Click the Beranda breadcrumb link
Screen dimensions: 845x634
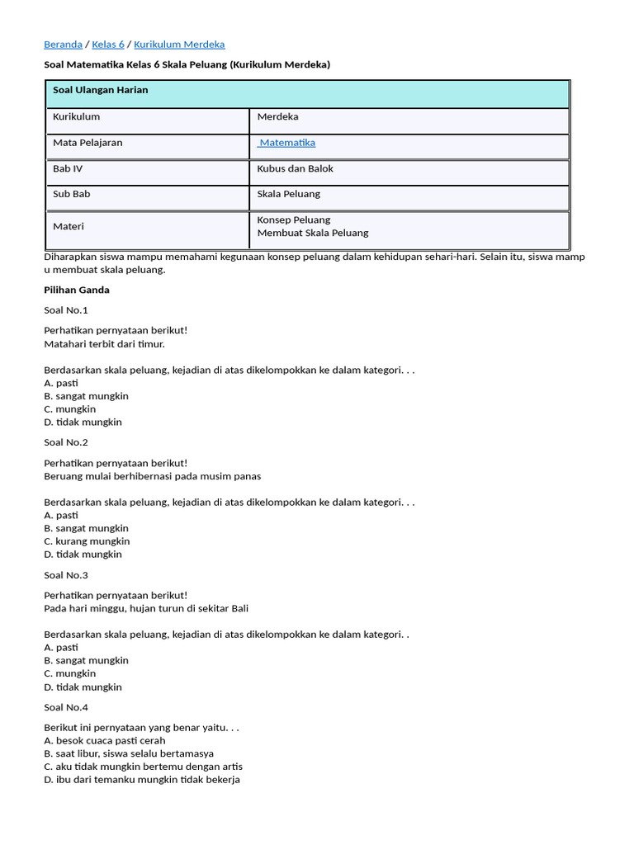tap(63, 45)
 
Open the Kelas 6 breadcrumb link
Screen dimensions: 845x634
tap(108, 45)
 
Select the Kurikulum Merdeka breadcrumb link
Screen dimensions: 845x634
tap(179, 45)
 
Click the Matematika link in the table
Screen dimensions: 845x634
tap(286, 143)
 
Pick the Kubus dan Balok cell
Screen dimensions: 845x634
tap(295, 168)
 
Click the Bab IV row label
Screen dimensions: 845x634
tap(68, 168)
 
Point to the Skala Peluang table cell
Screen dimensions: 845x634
tap(288, 194)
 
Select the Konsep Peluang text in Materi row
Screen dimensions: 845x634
tap(293, 220)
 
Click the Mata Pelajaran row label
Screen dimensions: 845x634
tap(88, 143)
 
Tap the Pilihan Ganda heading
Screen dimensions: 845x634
tap(76, 290)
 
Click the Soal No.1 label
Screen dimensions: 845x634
tap(66, 310)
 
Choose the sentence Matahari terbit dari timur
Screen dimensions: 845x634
tap(104, 343)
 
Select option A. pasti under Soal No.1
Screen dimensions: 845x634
tap(61, 383)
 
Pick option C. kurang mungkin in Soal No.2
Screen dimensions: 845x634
tap(87, 541)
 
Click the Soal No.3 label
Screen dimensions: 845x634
tap(66, 575)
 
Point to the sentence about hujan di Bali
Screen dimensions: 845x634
tap(146, 608)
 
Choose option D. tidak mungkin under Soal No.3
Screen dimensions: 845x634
tap(83, 687)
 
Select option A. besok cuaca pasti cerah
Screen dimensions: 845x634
tap(105, 740)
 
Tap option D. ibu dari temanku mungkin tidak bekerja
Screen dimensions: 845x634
tap(142, 780)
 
